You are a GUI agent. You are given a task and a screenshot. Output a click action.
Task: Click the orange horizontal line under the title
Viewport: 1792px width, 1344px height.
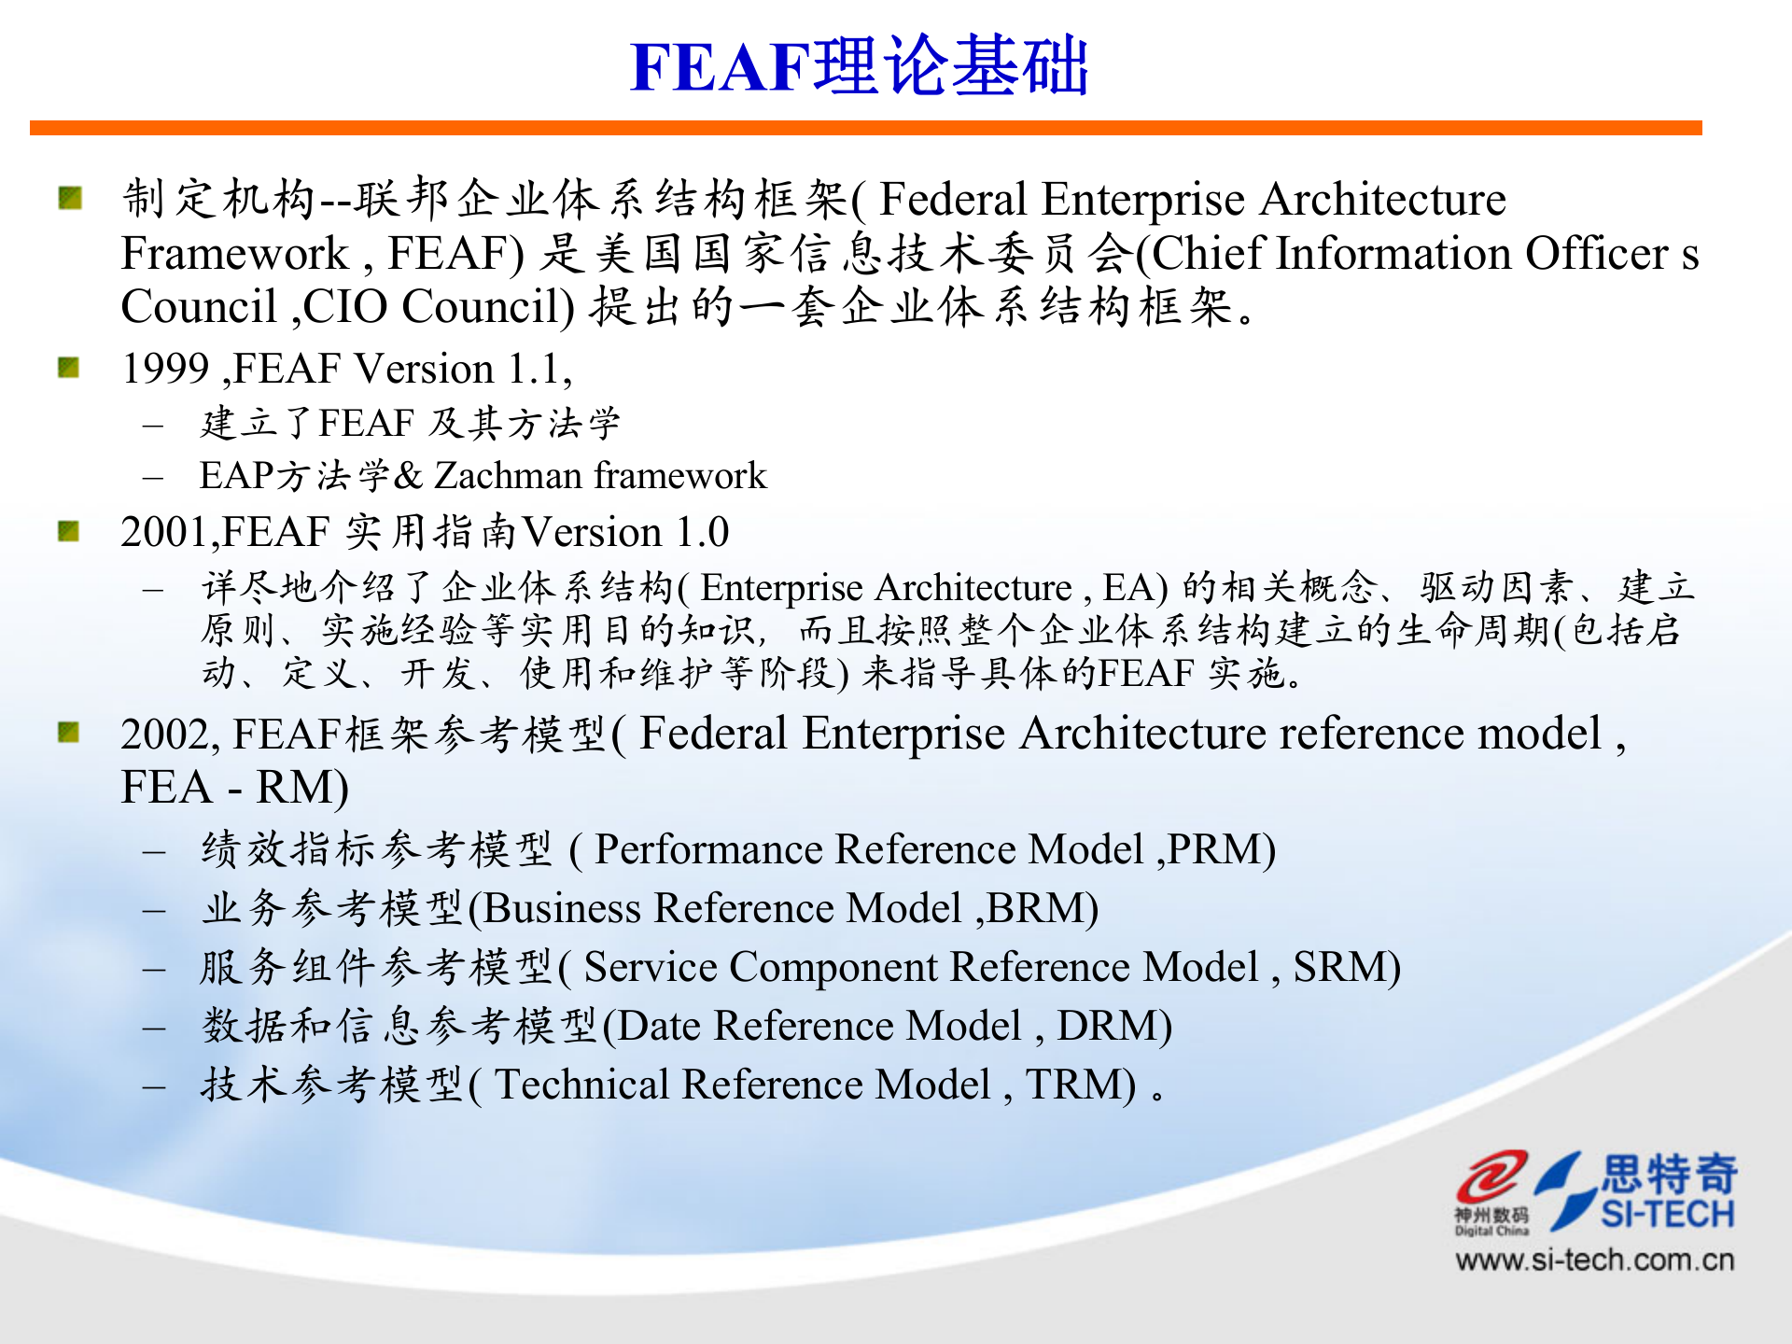click(865, 128)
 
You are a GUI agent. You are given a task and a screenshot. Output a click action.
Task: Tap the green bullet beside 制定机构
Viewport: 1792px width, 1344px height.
click(70, 198)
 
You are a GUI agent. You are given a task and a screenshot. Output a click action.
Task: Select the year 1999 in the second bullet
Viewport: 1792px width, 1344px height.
click(164, 369)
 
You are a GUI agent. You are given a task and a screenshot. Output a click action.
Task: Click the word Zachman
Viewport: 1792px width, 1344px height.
click(509, 476)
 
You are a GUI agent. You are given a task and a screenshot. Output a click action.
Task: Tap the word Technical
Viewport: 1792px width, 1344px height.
click(581, 1085)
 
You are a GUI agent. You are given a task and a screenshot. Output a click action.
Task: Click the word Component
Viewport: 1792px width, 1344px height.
click(833, 967)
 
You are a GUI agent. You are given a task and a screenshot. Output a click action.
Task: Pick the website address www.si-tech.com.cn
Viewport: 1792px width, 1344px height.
click(1594, 1260)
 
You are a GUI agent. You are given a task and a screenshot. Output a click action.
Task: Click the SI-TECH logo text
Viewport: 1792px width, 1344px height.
click(1667, 1214)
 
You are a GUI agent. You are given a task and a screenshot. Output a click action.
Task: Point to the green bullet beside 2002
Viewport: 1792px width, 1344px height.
click(69, 732)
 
